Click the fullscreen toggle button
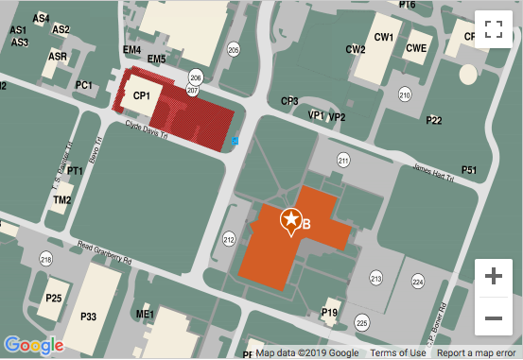pyautogui.click(x=493, y=28)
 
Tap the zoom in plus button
pyautogui.click(x=493, y=277)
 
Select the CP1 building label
pyautogui.click(x=142, y=96)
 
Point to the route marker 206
pyautogui.click(x=196, y=77)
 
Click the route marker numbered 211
pyautogui.click(x=342, y=163)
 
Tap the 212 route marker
pyautogui.click(x=228, y=240)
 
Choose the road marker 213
pyautogui.click(x=375, y=279)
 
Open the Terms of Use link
pyautogui.click(x=396, y=353)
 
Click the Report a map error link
pyautogui.click(x=478, y=353)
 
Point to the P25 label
pyautogui.click(x=54, y=299)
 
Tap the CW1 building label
pyautogui.click(x=383, y=38)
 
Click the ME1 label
pyautogui.click(x=145, y=315)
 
